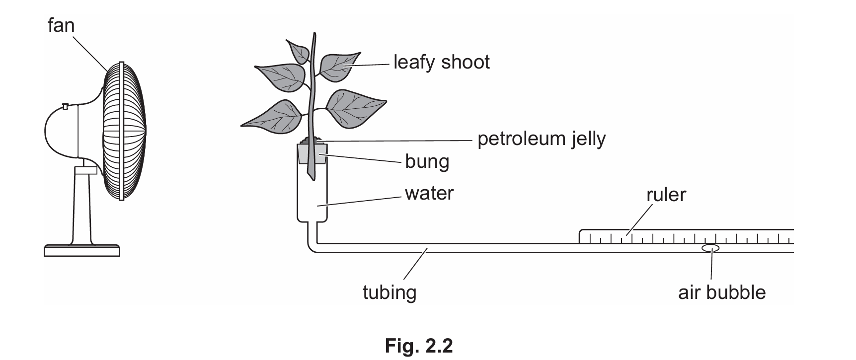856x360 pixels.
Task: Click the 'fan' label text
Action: pos(61,25)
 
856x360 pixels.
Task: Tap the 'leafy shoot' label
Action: pos(441,63)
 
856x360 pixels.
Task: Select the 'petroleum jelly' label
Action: pos(541,139)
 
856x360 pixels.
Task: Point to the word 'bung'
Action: pos(427,162)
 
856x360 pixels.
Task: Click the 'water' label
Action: pos(429,193)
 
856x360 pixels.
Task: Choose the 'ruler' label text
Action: pos(666,195)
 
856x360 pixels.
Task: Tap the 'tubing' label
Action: pos(389,292)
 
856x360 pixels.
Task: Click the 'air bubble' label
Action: pos(721,292)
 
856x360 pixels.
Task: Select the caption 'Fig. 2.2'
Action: pos(418,346)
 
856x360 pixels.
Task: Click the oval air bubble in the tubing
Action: pos(711,248)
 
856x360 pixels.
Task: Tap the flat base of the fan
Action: pos(81,250)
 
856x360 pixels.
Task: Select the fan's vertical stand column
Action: pos(82,209)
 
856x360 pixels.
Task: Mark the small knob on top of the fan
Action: pos(66,106)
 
